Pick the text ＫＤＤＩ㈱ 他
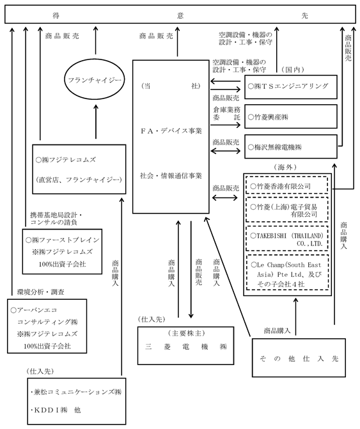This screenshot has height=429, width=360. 56,410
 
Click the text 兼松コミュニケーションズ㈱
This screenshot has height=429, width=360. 76,392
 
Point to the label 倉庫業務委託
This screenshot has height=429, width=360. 226,113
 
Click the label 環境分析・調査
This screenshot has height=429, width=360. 40,292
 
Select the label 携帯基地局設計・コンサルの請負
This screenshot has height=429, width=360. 56,219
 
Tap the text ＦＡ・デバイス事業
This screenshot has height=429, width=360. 171,131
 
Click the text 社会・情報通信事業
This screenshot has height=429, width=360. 171,176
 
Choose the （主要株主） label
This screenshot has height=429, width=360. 186,333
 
